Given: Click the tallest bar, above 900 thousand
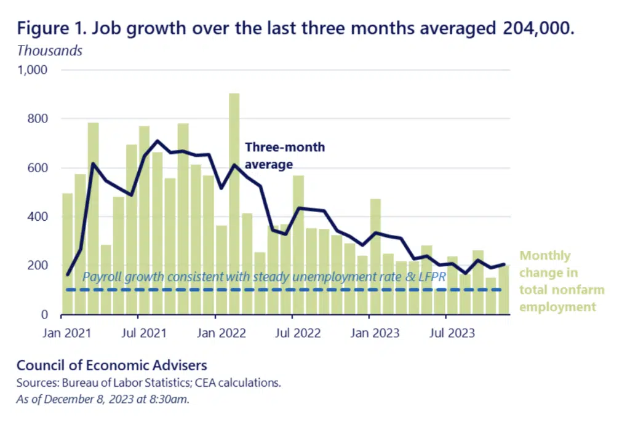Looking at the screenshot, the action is pos(234,204).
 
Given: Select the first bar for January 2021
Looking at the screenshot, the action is pos(68,254).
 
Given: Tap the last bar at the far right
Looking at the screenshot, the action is pos(504,290).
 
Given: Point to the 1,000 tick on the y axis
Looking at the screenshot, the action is pos(33,70).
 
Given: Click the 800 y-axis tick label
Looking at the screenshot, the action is pos(38,119).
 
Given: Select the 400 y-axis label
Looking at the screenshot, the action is pos(38,216).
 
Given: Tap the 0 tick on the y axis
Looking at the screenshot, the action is pos(44,314).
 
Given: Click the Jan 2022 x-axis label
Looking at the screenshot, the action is pos(221,333).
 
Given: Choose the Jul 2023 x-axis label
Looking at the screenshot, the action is pos(452,333).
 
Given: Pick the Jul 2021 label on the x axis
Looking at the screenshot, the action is pos(144,333).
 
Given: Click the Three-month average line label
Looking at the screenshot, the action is pos(285,156).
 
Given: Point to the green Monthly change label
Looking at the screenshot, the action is pos(562,281).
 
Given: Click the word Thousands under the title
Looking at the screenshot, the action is pos(50,50).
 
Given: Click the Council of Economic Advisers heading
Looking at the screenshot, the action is pos(112,365).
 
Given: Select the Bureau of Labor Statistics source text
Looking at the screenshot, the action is pos(127,383).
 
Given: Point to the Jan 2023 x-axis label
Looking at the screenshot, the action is pos(375,333).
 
